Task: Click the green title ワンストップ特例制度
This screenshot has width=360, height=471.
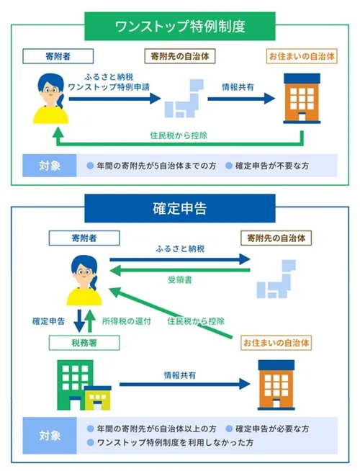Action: coord(180,27)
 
